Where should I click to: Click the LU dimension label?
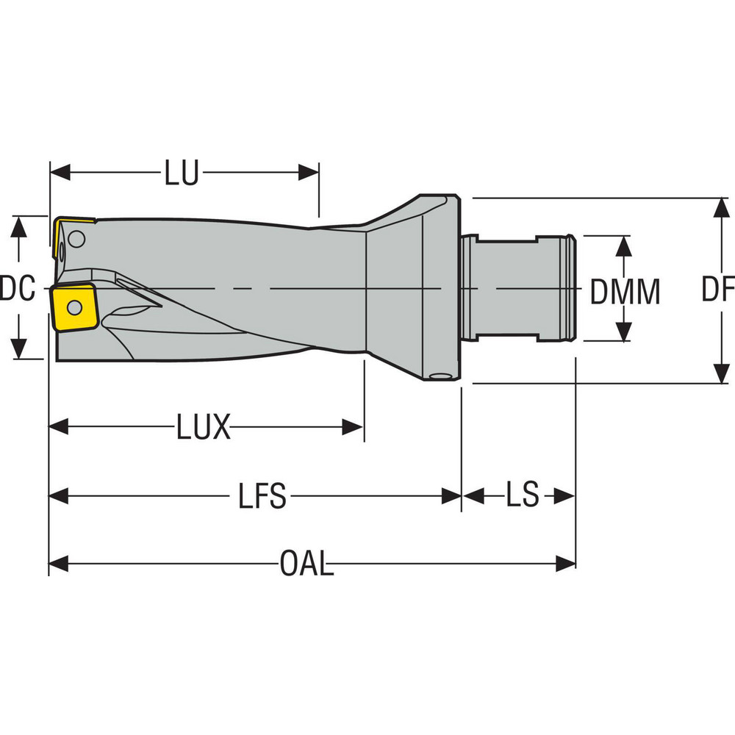click(182, 174)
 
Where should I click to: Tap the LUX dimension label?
click(204, 427)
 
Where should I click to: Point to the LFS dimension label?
click(262, 497)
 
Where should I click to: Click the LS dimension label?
click(522, 496)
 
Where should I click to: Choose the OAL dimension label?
click(306, 564)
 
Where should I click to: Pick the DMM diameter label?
click(625, 293)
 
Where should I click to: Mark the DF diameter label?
click(717, 290)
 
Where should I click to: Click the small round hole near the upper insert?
click(77, 238)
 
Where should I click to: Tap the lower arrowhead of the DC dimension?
click(21, 350)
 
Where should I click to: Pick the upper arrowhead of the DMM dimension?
click(623, 245)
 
